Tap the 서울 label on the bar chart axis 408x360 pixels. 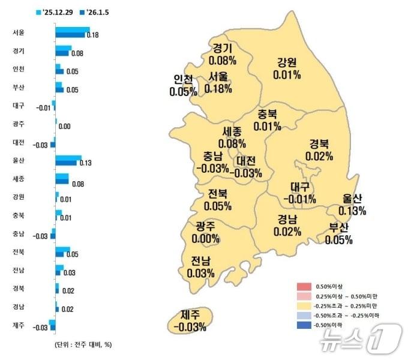[19, 32]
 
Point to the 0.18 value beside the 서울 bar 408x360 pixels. [92, 35]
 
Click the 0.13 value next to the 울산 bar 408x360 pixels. [85, 163]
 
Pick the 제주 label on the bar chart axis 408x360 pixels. [19, 326]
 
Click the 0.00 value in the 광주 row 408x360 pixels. [65, 127]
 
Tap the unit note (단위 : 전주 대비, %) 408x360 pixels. [79, 344]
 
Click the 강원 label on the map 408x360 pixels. [287, 68]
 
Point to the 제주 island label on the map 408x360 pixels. [189, 320]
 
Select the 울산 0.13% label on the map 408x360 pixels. [352, 204]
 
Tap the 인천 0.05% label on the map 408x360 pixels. [183, 86]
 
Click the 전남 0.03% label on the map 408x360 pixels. [200, 267]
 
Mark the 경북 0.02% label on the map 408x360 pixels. [319, 149]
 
